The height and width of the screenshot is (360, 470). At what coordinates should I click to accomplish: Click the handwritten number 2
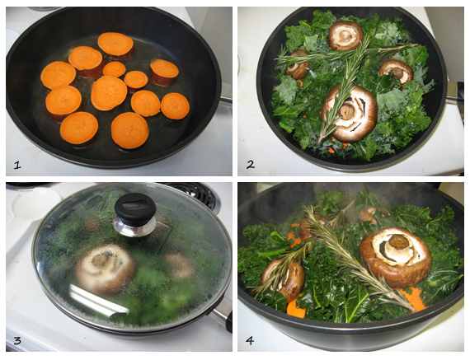(x=250, y=164)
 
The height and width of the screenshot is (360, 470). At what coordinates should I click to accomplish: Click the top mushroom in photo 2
(x=345, y=35)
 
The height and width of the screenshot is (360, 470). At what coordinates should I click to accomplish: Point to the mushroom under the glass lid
(x=104, y=268)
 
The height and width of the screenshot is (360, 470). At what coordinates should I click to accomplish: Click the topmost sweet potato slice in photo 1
(x=115, y=43)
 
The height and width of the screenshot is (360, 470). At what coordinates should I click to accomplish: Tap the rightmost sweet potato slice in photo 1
(x=175, y=105)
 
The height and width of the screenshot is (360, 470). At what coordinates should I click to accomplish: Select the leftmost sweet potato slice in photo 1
(x=58, y=75)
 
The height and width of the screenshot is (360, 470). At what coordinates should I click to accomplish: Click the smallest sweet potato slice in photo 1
(x=115, y=69)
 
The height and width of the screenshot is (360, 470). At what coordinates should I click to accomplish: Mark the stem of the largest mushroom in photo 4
(x=397, y=244)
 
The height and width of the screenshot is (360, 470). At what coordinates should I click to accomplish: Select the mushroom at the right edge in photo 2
(x=397, y=71)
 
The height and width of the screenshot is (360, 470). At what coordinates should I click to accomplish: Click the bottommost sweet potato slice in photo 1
(x=129, y=130)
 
